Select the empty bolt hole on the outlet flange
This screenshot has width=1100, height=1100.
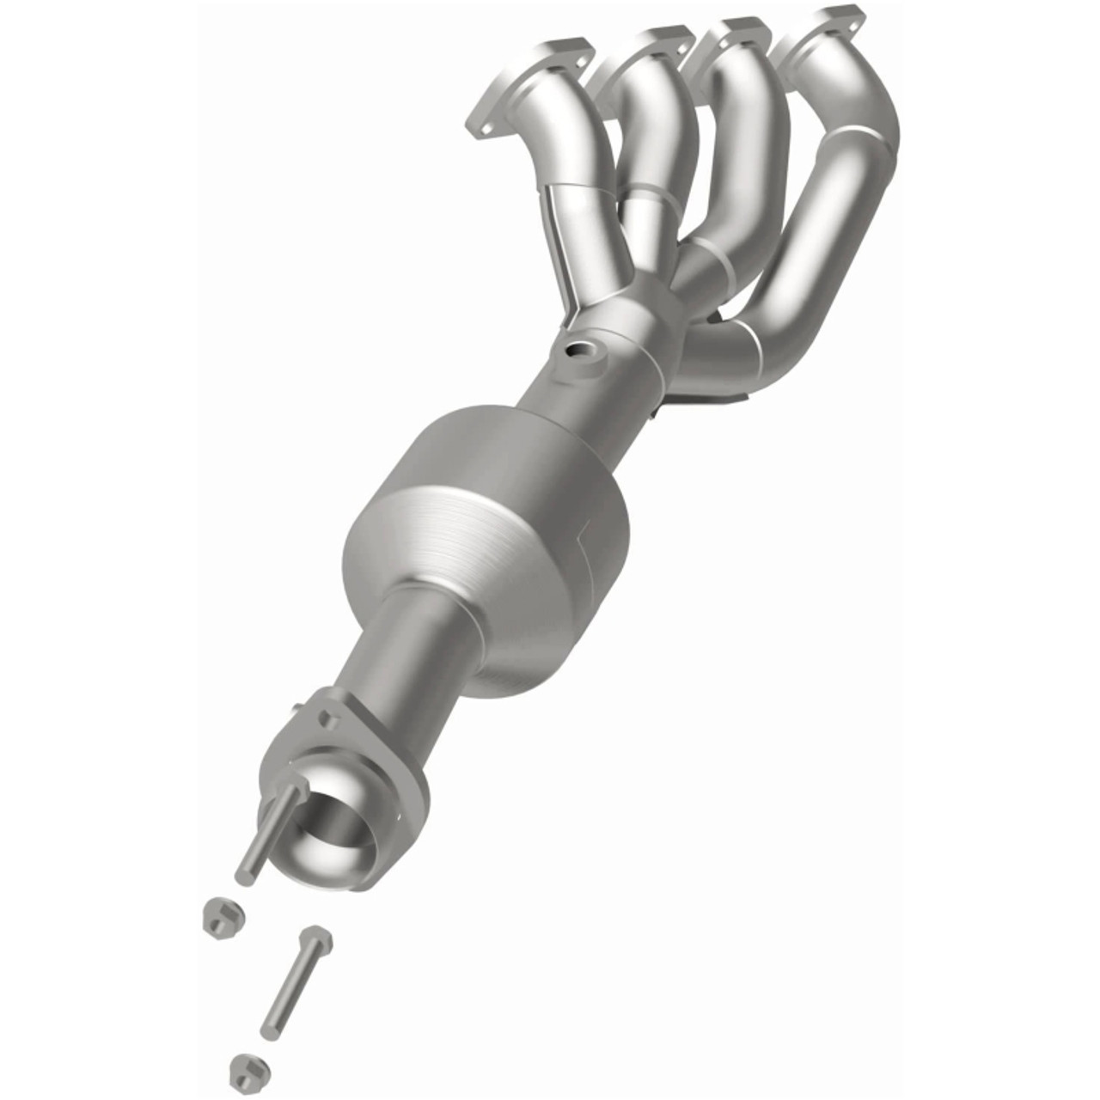[x=327, y=715]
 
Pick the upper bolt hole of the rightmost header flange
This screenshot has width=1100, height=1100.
[x=846, y=15]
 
